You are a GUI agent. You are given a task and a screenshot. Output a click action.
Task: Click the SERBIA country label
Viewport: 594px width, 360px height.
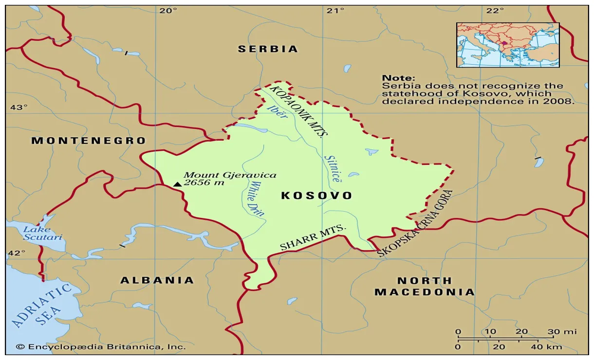tap(267, 49)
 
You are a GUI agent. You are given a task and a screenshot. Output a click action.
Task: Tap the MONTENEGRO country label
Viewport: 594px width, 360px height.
tap(89, 141)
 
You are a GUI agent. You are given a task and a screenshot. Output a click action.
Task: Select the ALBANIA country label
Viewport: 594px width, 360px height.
tap(157, 280)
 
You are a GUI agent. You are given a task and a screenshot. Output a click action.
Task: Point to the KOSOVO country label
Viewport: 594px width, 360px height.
tap(316, 196)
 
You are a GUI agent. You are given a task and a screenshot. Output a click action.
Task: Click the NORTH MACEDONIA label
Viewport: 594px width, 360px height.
tap(424, 287)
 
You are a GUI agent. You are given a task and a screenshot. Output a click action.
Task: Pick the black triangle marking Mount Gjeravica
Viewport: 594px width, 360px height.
tap(177, 184)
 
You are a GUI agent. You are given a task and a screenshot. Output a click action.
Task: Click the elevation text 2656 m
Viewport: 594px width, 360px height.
tap(204, 183)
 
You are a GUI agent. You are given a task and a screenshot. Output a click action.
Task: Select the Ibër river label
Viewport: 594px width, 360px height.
tap(274, 113)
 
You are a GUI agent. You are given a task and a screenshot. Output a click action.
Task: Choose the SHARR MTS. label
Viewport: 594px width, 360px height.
tap(313, 238)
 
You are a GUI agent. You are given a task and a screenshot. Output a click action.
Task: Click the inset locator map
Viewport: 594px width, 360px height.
tap(507, 45)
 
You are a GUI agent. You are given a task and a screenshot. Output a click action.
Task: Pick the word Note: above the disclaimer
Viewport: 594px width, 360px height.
tap(398, 78)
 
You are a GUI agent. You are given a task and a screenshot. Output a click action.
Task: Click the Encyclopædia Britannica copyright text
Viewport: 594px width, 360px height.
tap(101, 347)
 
